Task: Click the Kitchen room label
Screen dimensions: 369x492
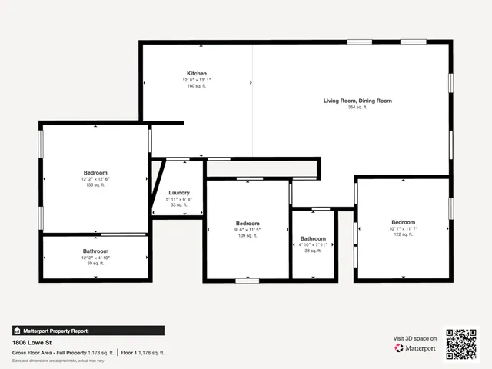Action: pyautogui.click(x=196, y=73)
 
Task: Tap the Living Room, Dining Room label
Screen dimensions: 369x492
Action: pyautogui.click(x=357, y=101)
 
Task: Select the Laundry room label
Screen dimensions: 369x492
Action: pyautogui.click(x=178, y=193)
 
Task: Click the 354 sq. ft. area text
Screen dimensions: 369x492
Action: pyautogui.click(x=357, y=108)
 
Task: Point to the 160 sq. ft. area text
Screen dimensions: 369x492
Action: pyautogui.click(x=196, y=86)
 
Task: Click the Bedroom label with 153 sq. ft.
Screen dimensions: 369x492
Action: pyautogui.click(x=95, y=173)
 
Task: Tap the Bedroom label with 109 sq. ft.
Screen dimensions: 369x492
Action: pyautogui.click(x=248, y=224)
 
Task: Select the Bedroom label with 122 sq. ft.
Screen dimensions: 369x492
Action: pyautogui.click(x=403, y=222)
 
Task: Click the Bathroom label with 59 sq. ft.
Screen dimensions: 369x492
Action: pyautogui.click(x=95, y=251)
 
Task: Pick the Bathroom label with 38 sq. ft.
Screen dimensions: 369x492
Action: pyautogui.click(x=313, y=238)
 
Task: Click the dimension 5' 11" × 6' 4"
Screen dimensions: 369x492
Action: pyautogui.click(x=178, y=199)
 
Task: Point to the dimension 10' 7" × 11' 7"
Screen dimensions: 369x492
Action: pyautogui.click(x=403, y=228)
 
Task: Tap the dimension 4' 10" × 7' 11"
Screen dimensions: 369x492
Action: pyautogui.click(x=313, y=245)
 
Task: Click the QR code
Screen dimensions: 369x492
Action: pyautogui.click(x=461, y=344)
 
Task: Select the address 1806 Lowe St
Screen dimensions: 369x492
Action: pyautogui.click(x=29, y=343)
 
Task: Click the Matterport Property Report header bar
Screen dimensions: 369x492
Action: pyautogui.click(x=88, y=331)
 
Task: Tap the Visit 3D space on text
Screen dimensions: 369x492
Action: pyautogui.click(x=415, y=338)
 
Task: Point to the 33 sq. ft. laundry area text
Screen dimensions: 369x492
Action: pyautogui.click(x=178, y=205)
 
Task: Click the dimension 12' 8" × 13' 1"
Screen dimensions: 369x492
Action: pyautogui.click(x=196, y=80)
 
